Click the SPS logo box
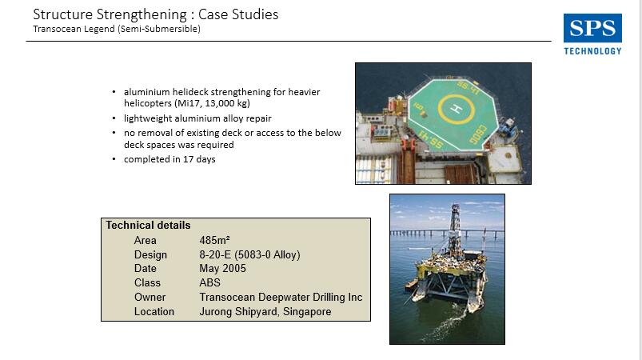coord(592,28)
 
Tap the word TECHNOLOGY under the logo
coord(592,51)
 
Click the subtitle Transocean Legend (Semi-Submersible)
coord(117,29)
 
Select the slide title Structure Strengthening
coord(110,14)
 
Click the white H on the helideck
coord(456,109)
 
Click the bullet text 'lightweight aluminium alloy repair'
coord(197,118)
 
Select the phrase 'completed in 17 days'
coord(169,159)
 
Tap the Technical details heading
coord(148,226)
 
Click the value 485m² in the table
coord(214,241)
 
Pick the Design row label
coord(150,254)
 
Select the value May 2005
coord(223,268)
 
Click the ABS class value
coord(209,282)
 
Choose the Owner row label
coord(150,297)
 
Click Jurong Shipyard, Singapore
coord(265,312)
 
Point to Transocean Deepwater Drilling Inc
coord(281,297)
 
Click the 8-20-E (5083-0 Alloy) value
coord(249,254)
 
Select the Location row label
coord(154,312)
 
